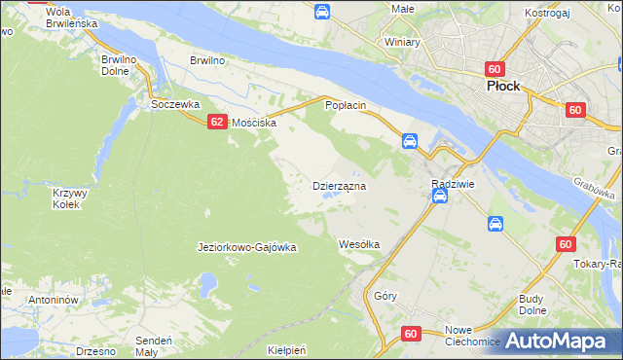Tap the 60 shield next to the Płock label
[495, 69]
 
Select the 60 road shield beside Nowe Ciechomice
[410, 334]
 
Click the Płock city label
[503, 85]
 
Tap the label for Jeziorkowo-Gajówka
[246, 247]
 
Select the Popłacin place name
[345, 104]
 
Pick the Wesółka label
[358, 244]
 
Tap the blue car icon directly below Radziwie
[440, 198]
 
